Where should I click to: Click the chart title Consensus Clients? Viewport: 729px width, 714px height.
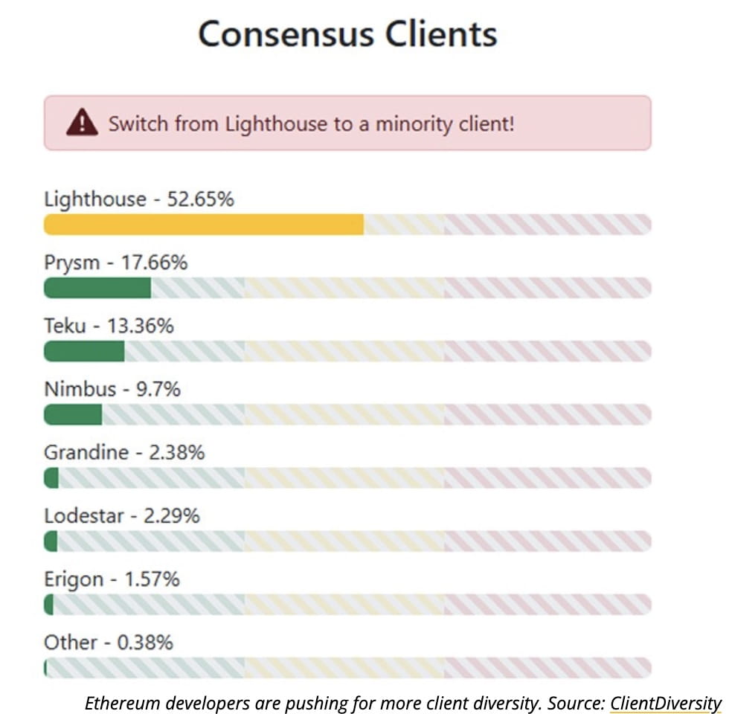[x=347, y=34]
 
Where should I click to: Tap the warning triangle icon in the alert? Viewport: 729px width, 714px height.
[x=82, y=123]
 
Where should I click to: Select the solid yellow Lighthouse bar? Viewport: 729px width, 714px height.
[x=203, y=225]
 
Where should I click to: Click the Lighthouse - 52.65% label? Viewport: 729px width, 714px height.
[x=139, y=199]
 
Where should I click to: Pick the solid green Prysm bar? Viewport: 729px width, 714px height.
[x=97, y=288]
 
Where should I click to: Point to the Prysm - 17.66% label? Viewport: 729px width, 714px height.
[x=116, y=263]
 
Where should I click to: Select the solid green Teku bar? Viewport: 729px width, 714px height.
[x=84, y=351]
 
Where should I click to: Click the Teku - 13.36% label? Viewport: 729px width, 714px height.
[x=109, y=326]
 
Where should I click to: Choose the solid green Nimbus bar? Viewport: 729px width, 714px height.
[x=73, y=414]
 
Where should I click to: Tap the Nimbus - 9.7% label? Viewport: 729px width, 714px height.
[x=112, y=389]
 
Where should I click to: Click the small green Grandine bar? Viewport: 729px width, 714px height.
[x=51, y=477]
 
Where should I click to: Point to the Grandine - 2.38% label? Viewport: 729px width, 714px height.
[x=124, y=452]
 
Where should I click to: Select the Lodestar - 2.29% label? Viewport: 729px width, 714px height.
[x=122, y=515]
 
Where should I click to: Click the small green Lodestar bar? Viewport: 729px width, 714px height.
[x=51, y=541]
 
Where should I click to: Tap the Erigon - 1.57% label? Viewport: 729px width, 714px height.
[x=112, y=579]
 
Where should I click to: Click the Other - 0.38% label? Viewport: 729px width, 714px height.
[x=109, y=642]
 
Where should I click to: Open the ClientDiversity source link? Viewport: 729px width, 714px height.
[x=666, y=702]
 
